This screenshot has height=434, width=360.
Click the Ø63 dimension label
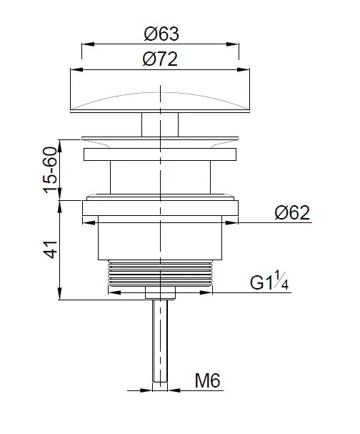click(x=161, y=34)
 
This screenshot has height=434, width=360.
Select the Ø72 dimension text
click(x=160, y=59)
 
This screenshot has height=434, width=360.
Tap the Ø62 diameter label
click(x=292, y=213)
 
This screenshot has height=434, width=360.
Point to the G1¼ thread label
click(x=269, y=282)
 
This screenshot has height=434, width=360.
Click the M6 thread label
click(x=207, y=380)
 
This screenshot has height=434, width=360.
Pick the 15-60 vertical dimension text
click(x=50, y=170)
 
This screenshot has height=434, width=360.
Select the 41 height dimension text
click(x=51, y=250)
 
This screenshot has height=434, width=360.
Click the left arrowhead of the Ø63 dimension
click(x=88, y=44)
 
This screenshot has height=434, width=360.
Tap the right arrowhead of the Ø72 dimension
click(x=244, y=70)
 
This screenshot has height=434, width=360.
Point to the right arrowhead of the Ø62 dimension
click(x=231, y=222)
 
